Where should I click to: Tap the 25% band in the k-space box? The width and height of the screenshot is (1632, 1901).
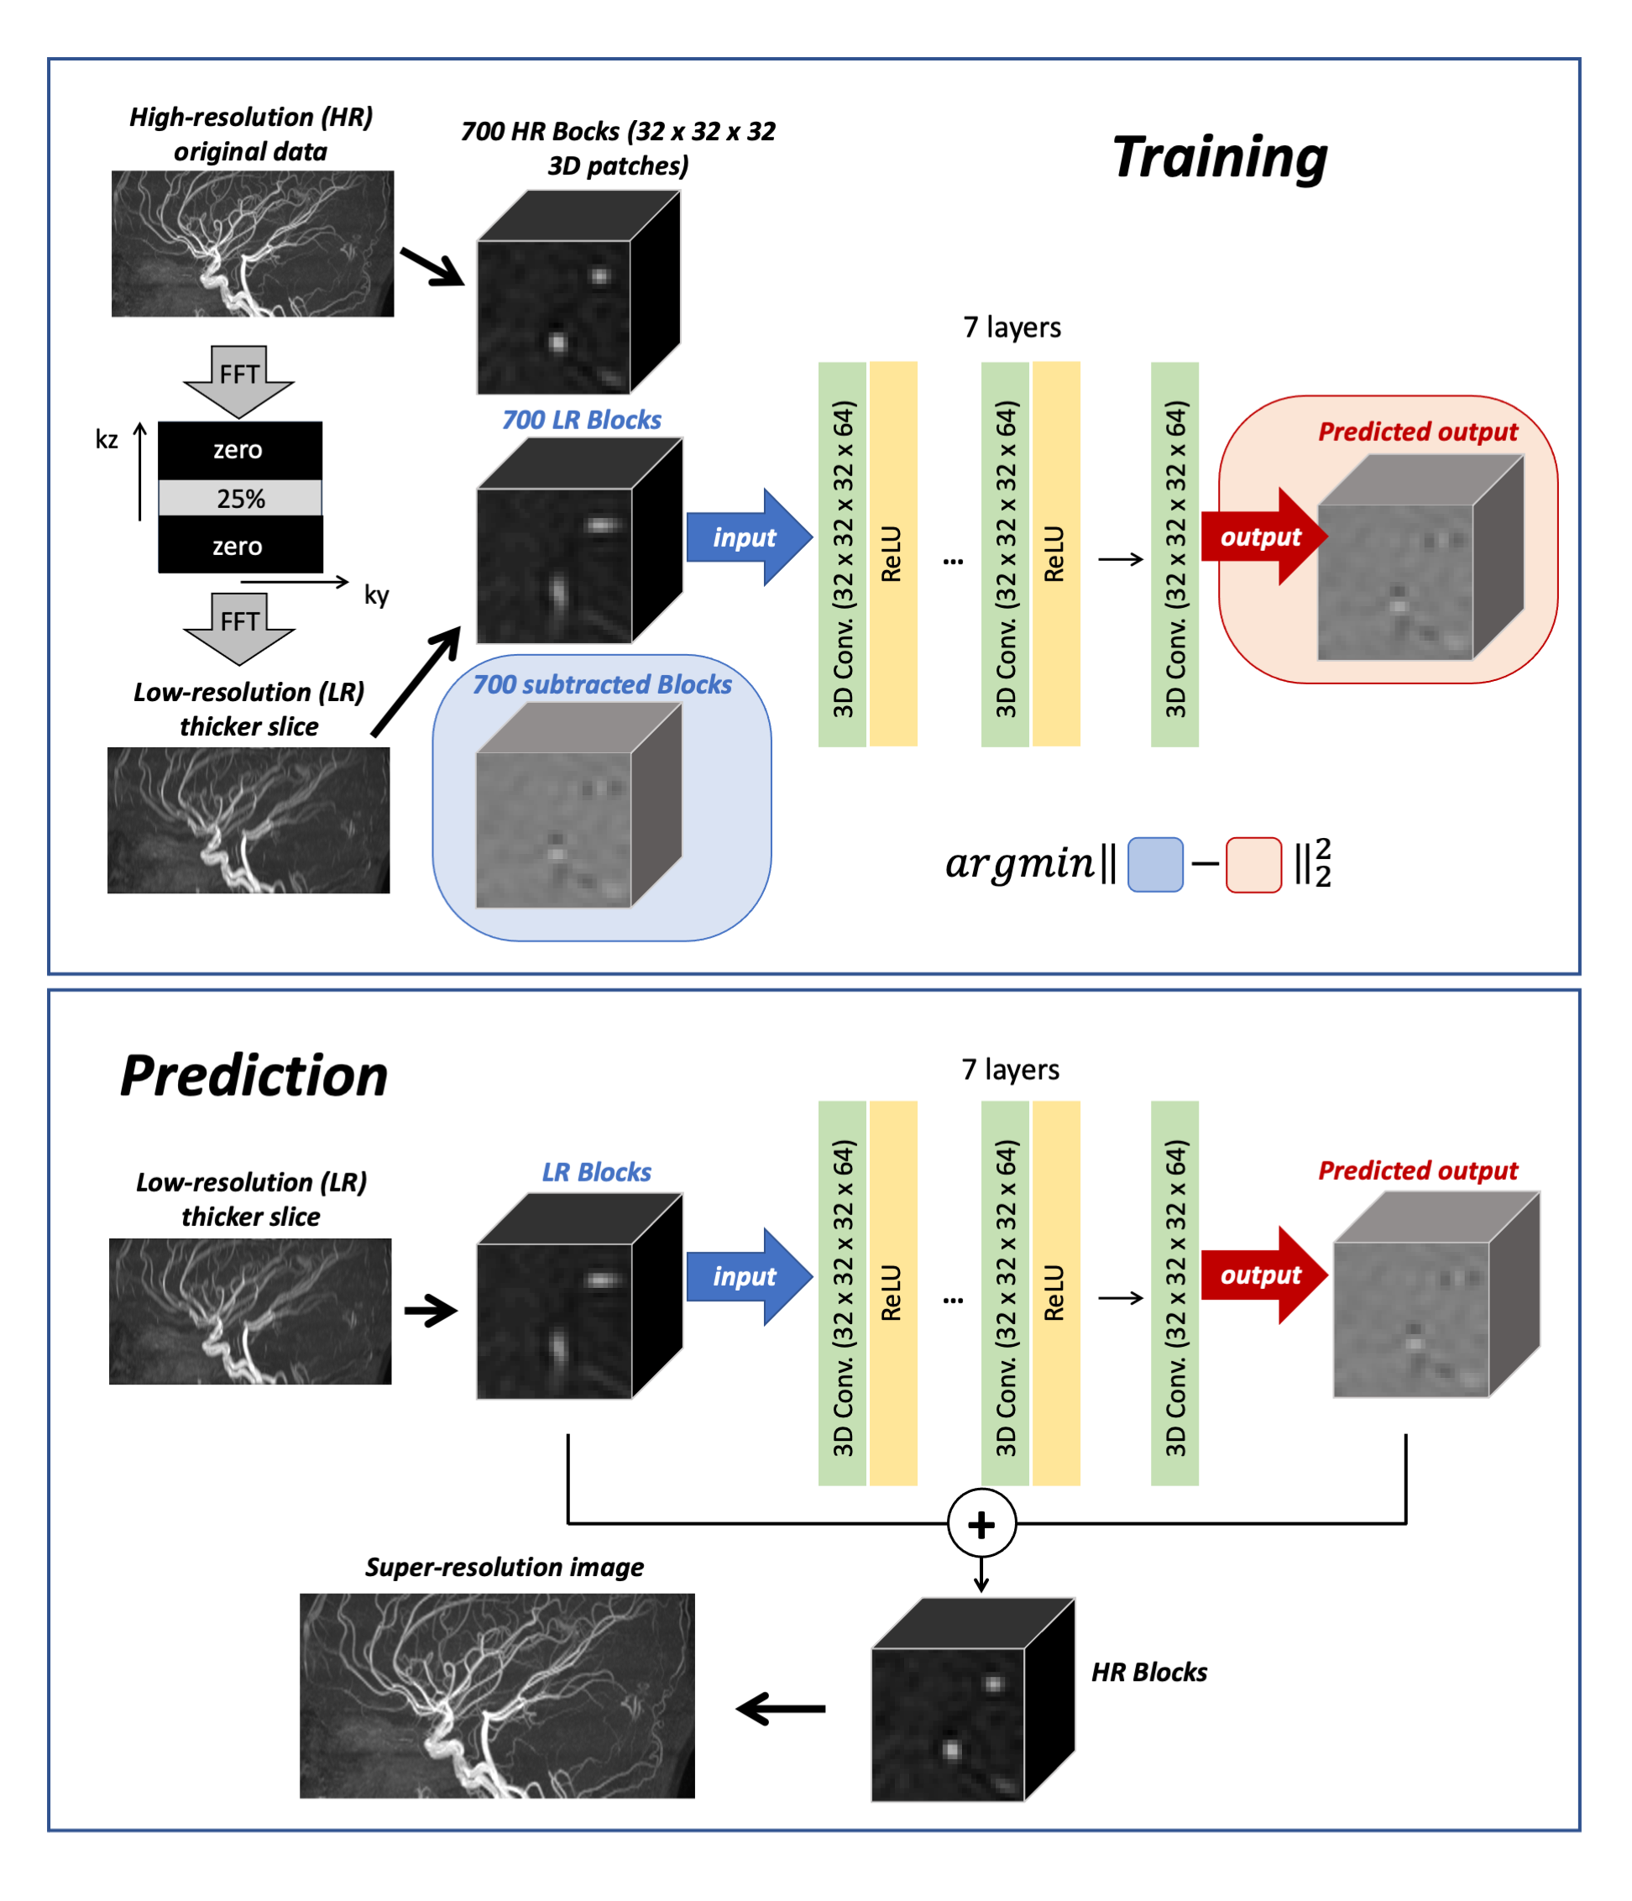pos(240,498)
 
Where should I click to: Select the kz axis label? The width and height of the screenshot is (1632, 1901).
pos(107,439)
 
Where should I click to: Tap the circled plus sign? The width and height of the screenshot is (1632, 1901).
pos(981,1524)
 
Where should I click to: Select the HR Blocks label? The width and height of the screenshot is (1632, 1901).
pos(1148,1672)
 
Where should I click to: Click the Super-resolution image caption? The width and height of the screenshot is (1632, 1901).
pos(504,1567)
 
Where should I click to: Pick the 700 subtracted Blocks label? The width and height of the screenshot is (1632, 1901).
pos(602,684)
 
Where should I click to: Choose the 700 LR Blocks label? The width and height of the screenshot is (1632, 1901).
pos(581,420)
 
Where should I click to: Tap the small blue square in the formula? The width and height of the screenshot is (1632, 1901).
pos(1154,864)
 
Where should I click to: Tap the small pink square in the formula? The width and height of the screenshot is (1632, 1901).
pos(1253,864)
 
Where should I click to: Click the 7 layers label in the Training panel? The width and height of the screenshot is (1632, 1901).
pos(1011,327)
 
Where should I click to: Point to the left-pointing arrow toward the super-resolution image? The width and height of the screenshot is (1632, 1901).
pos(781,1709)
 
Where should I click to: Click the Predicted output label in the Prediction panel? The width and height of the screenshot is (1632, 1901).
pos(1417,1170)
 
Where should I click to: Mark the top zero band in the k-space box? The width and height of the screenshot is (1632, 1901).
pos(238,449)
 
